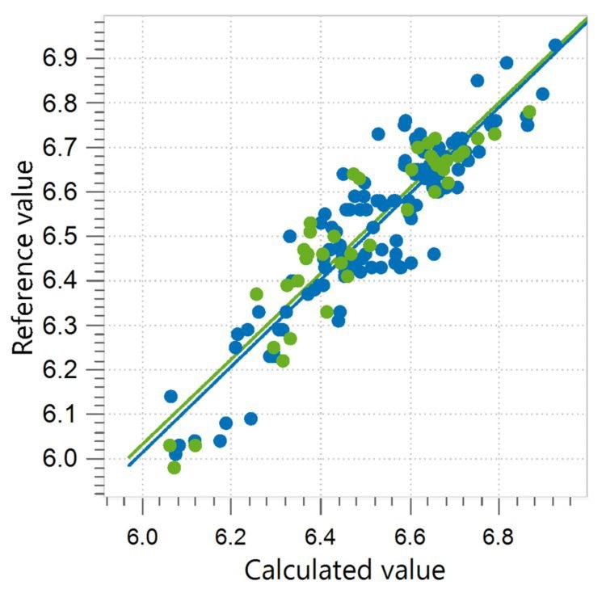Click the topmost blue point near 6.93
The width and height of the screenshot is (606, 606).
(555, 46)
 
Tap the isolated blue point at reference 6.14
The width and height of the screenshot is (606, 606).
(170, 397)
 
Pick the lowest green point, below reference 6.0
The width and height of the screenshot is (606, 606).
(174, 468)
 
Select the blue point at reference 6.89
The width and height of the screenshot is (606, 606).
(507, 63)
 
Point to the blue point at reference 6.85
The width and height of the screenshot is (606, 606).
(478, 81)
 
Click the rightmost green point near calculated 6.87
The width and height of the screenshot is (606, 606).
(529, 112)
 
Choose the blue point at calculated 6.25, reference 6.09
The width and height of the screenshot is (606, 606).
(251, 419)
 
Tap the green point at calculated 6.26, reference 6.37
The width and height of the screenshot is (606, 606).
(256, 294)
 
